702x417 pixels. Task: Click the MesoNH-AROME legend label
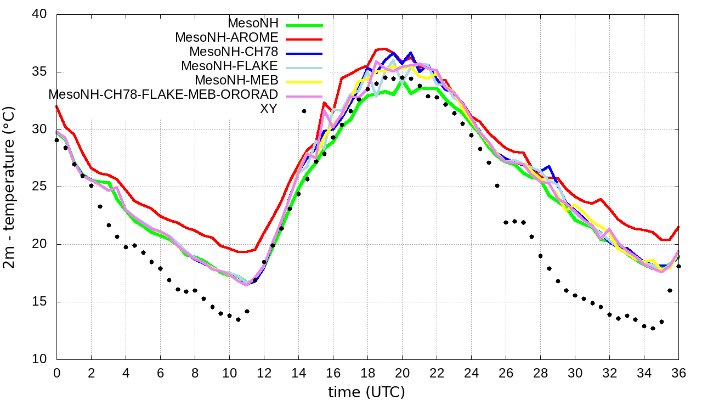[227, 38]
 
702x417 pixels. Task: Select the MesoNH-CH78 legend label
[234, 52]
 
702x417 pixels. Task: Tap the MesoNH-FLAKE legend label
[230, 66]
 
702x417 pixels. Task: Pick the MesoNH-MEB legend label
[237, 80]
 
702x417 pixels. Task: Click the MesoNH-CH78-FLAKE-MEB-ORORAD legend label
[163, 94]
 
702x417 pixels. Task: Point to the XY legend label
[269, 109]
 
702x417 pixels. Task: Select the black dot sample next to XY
[304, 111]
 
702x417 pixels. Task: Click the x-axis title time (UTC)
[366, 392]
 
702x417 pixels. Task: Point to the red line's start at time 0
[56, 106]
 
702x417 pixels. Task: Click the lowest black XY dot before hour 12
[238, 319]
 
